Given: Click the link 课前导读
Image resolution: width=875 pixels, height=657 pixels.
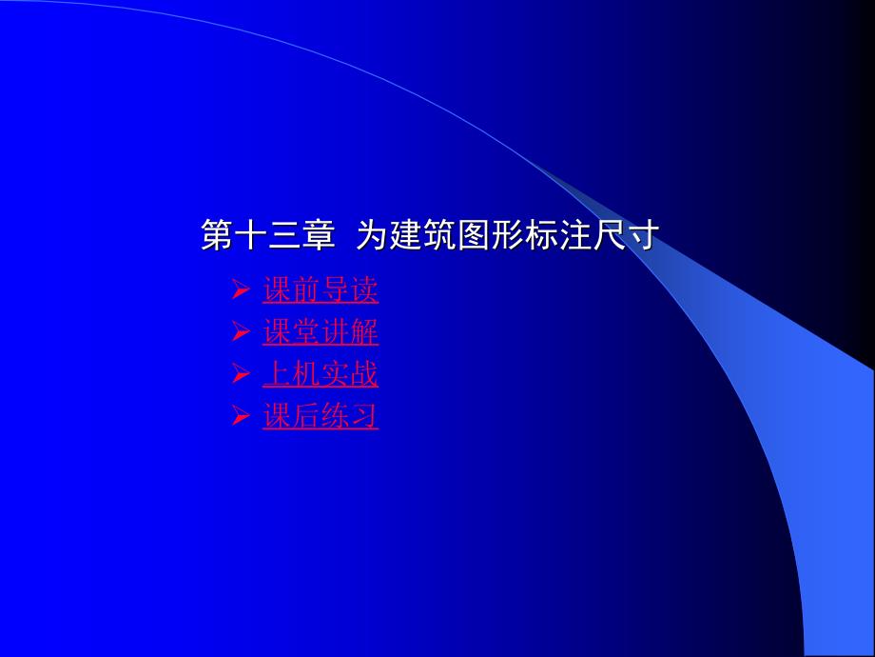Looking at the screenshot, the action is pyautogui.click(x=321, y=290).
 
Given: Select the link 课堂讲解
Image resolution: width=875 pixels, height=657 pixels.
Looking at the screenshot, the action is pyautogui.click(x=321, y=332).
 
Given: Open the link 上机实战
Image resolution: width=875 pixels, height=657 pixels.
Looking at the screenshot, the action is pyautogui.click(x=321, y=374).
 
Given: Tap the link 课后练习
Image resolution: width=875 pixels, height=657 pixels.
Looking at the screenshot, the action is pyautogui.click(x=321, y=416).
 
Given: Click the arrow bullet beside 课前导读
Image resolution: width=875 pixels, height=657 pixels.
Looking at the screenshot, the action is pyautogui.click(x=241, y=290).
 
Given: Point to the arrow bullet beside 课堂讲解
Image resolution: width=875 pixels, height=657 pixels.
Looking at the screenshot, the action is pyautogui.click(x=241, y=332).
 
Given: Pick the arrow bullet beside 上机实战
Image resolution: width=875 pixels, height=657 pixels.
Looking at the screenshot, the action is pyautogui.click(x=241, y=374).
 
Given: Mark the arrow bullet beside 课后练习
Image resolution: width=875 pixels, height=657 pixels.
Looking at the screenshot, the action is pyautogui.click(x=241, y=416).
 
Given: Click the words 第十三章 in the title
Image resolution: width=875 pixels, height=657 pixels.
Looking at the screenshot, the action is pyautogui.click(x=268, y=235).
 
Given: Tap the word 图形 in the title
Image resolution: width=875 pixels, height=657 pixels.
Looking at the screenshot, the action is pyautogui.click(x=490, y=235).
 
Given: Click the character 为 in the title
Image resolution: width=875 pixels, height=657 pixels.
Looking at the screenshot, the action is pyautogui.click(x=372, y=235).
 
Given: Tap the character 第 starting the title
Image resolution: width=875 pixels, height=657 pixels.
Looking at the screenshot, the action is pyautogui.click(x=217, y=235).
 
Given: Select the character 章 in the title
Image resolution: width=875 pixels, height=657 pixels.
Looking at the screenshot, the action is pyautogui.click(x=320, y=235).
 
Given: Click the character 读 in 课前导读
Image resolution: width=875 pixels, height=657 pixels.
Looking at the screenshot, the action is pyautogui.click(x=364, y=290).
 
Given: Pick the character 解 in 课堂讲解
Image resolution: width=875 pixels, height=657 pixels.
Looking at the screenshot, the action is pyautogui.click(x=364, y=332).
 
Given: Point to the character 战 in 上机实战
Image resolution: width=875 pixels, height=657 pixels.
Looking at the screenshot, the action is pyautogui.click(x=364, y=374).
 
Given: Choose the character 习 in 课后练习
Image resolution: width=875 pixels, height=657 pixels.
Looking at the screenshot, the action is pyautogui.click(x=364, y=416).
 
